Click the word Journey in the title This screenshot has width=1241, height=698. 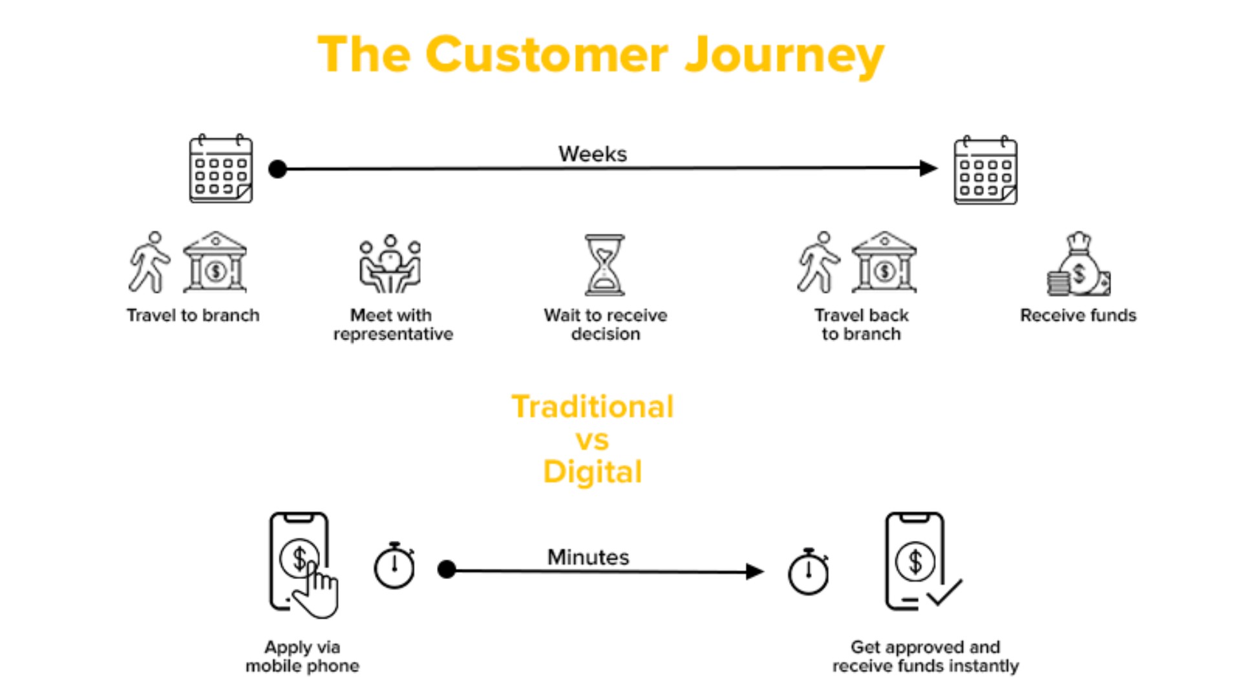pos(783,56)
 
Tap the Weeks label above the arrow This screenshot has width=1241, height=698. pos(592,154)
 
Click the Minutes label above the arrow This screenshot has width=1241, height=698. pos(588,557)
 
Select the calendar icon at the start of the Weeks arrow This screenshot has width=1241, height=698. pos(220,169)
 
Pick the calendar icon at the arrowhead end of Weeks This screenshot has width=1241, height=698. pos(986,171)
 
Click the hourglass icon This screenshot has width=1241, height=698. pos(604,265)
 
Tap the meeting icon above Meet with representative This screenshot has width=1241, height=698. pos(390,264)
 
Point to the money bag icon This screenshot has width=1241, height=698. pos(1078,265)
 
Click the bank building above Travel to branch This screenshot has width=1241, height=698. pos(215,262)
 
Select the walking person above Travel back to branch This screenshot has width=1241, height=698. pos(818,262)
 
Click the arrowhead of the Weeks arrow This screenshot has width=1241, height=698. pos(929,168)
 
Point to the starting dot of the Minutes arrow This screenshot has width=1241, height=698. pos(447,569)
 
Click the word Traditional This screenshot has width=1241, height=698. pos(592,407)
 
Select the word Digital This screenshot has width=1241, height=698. pos(592,472)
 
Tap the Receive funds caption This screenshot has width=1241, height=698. pos(1077,315)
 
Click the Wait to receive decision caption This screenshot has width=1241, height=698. pos(606,324)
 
